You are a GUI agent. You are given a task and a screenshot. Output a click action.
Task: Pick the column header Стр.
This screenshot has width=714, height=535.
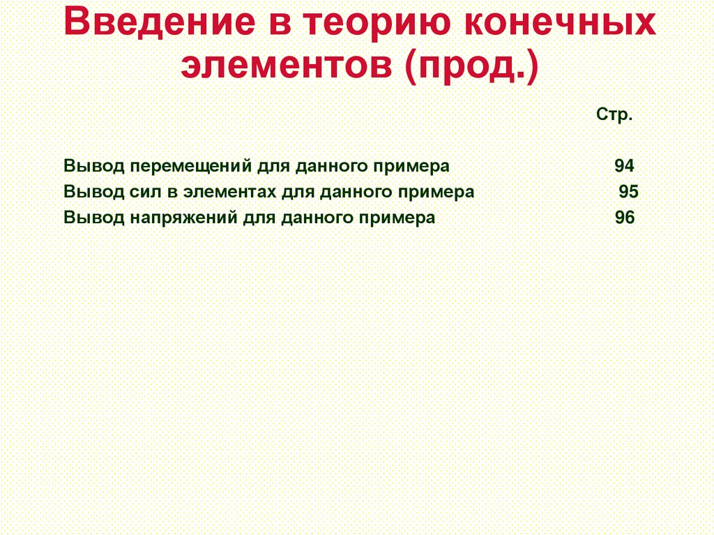(614, 115)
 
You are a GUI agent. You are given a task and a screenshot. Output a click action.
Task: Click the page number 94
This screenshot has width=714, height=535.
(624, 167)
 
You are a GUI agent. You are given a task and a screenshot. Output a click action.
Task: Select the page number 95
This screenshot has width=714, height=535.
(628, 192)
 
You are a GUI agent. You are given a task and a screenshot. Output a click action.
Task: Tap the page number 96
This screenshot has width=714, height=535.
(625, 218)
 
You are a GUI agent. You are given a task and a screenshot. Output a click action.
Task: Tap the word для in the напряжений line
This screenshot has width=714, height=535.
(259, 218)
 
